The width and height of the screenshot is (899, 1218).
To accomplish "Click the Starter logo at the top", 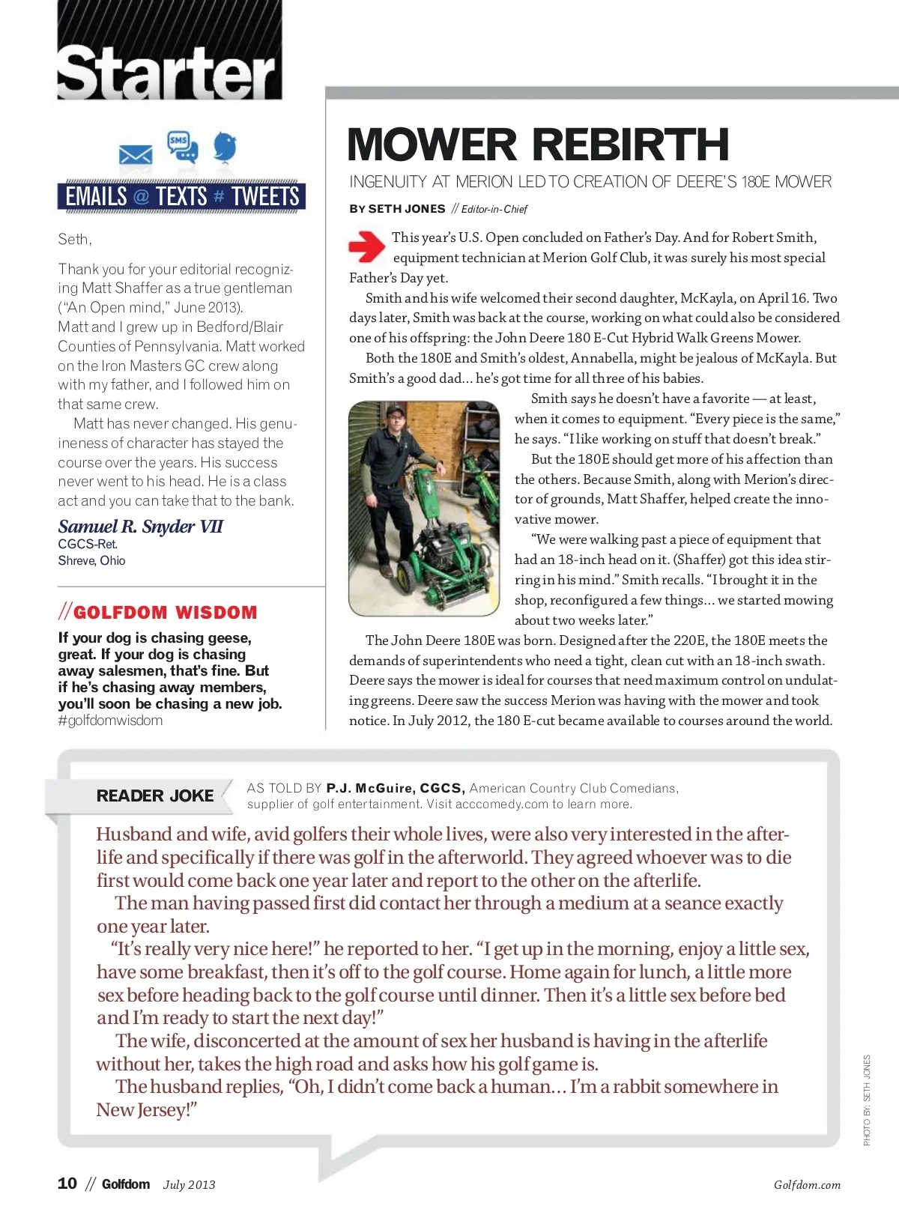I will pyautogui.click(x=169, y=72).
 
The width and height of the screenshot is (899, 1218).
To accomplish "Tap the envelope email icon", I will pyautogui.click(x=136, y=155).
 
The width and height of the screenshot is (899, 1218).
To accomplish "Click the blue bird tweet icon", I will pyautogui.click(x=225, y=147).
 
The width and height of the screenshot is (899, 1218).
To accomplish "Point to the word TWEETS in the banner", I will pyautogui.click(x=265, y=197).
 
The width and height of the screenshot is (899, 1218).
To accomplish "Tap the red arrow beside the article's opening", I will pyautogui.click(x=366, y=246).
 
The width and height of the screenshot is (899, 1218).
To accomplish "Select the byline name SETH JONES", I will pyautogui.click(x=407, y=209).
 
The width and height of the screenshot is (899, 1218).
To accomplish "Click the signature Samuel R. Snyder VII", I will pyautogui.click(x=141, y=527).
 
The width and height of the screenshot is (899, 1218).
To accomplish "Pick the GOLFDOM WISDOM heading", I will pyautogui.click(x=165, y=612).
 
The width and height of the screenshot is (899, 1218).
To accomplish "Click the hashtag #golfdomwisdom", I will pyautogui.click(x=110, y=721).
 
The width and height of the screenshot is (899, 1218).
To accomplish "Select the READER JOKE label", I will pyautogui.click(x=155, y=796).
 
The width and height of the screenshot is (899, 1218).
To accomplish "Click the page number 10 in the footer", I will pyautogui.click(x=67, y=1184).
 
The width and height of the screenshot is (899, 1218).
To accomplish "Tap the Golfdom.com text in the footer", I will pyautogui.click(x=807, y=1185).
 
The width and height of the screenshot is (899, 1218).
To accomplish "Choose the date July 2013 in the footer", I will pyautogui.click(x=189, y=1185).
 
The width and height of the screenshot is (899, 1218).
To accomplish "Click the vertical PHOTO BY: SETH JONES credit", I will pyautogui.click(x=867, y=1100).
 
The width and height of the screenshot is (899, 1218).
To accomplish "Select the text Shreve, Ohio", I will pyautogui.click(x=92, y=561).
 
